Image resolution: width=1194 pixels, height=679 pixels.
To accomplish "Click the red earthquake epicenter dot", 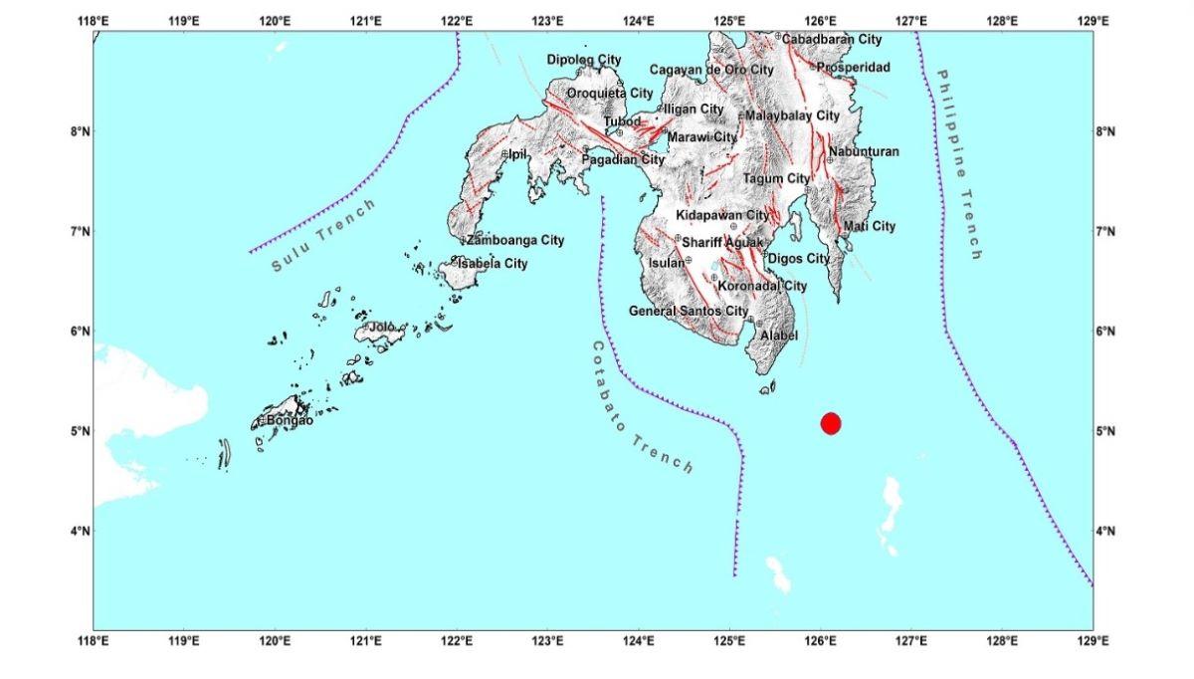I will click(832, 423).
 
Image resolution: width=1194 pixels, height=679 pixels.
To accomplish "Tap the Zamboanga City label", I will click(515, 240).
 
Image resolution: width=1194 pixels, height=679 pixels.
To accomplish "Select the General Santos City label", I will click(688, 312).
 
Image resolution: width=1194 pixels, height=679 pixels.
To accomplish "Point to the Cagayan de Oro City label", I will click(711, 70).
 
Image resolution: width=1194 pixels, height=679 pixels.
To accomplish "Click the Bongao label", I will click(290, 421).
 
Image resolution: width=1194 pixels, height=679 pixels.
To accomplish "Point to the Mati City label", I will click(869, 226).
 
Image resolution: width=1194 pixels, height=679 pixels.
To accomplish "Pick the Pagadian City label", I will click(623, 159).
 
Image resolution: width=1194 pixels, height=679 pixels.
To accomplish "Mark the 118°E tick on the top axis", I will click(95, 19).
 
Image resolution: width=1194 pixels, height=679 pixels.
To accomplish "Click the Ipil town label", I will click(516, 154).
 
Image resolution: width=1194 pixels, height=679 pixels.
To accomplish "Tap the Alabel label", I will click(779, 336).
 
